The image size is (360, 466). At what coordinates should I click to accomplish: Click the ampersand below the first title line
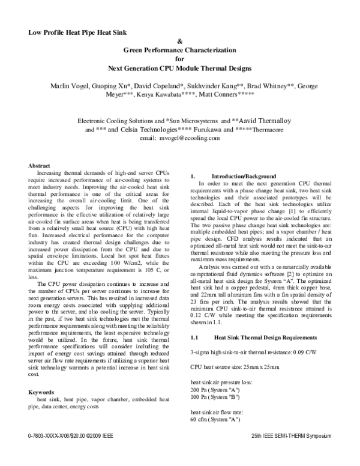[x=180, y=41]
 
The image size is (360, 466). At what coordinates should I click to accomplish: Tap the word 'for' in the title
[x=179, y=59]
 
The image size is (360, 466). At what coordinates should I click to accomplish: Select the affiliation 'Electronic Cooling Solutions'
[x=120, y=121]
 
